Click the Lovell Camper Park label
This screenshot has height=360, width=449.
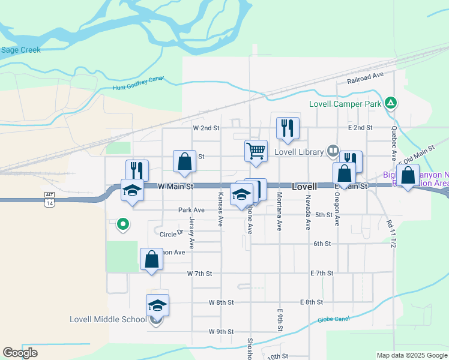(x=345, y=104)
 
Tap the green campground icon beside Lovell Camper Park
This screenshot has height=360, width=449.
(x=391, y=103)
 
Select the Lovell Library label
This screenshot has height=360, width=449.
(x=299, y=152)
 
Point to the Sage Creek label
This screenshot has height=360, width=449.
(x=20, y=50)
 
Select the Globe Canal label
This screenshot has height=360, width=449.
(x=333, y=319)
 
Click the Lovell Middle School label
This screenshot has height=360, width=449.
(x=108, y=319)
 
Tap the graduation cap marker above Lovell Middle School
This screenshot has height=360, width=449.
(x=157, y=305)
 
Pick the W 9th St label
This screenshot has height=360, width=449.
(x=221, y=332)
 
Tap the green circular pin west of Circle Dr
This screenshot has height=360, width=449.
(x=123, y=225)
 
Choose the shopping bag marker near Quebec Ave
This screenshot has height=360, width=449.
(x=408, y=176)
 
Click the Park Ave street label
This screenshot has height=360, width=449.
(x=191, y=211)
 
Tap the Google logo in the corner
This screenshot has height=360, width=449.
(x=20, y=353)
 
